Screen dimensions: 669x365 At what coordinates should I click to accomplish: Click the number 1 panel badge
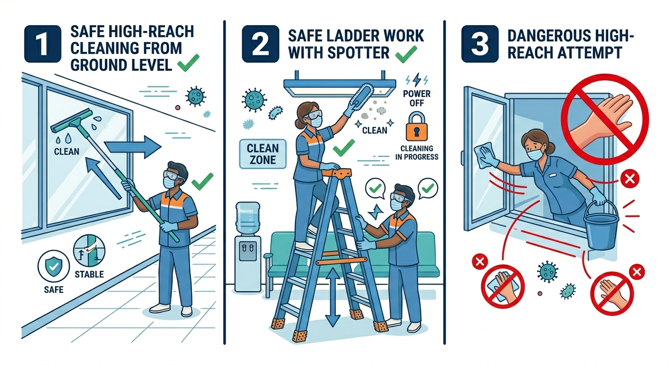tap(43, 44)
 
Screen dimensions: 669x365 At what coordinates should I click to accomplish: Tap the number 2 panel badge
tap(260, 44)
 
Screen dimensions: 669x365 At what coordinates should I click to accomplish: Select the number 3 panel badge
tap(479, 44)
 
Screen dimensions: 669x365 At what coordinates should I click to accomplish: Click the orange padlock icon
tap(417, 126)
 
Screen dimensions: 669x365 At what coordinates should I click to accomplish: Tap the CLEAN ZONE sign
tap(263, 154)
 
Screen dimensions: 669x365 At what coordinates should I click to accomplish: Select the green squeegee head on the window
tap(72, 121)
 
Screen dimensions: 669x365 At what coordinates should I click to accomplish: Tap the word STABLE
tap(89, 274)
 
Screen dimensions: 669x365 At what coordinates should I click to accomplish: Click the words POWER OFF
tap(417, 98)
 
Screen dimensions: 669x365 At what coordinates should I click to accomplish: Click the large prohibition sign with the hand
tap(605, 119)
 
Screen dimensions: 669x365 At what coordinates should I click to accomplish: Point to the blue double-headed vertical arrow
tap(333, 298)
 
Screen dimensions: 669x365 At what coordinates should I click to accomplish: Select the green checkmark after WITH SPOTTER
tap(406, 54)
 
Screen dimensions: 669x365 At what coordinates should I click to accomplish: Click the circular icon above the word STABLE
tap(89, 250)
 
